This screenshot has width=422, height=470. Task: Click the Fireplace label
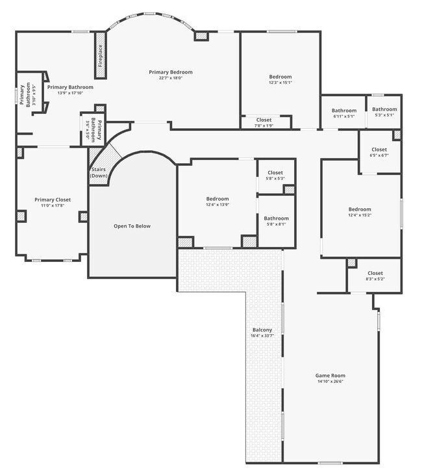coord(101,56)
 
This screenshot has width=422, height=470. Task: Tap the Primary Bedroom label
coord(171,72)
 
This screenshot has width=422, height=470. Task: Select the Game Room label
coord(330,375)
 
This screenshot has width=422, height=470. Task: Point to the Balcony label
coord(262,330)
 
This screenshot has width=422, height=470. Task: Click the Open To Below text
coord(132,226)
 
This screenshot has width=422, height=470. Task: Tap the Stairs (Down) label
coord(99,172)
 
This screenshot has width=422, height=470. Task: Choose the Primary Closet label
coord(53,200)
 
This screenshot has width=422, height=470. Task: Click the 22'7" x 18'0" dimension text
coord(171,78)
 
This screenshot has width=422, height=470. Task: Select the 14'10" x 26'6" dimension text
coord(330,382)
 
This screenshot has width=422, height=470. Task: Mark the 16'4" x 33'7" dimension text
coord(262,336)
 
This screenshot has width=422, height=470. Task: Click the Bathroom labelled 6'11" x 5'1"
coord(344,111)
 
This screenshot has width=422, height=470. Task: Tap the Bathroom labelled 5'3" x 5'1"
coord(384,109)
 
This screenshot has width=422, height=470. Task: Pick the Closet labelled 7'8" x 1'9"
coord(264,120)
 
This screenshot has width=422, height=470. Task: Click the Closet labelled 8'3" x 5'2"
coord(375,273)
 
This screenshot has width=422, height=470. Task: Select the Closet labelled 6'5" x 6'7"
coord(379,150)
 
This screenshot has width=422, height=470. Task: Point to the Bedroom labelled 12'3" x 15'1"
coord(280,77)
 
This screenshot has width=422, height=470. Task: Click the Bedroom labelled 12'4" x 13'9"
coord(217,199)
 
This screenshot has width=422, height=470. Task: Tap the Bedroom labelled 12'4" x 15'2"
coord(360,209)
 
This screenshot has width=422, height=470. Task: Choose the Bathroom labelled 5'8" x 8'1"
coord(277,218)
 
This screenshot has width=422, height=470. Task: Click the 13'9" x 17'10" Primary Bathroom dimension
coord(70,93)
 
